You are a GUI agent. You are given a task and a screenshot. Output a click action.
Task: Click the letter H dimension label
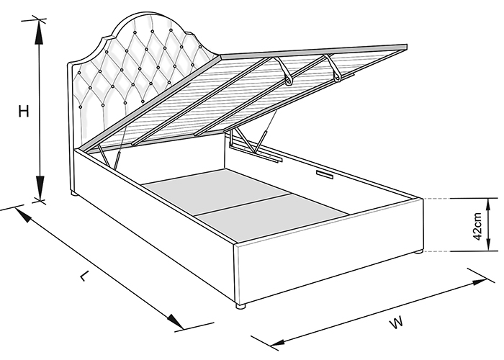coord(24,111)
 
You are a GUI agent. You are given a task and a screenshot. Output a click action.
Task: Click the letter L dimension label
coord(84,276)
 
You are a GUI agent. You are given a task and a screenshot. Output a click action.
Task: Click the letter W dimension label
coord(396,323)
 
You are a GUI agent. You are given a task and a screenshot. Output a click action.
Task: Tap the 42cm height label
coord(477,226)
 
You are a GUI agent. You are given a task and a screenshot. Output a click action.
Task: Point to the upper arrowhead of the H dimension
coord(39,32)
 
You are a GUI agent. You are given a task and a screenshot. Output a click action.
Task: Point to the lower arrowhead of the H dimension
coord(40,188)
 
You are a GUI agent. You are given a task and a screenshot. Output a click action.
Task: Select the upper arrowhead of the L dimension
coord(23,215)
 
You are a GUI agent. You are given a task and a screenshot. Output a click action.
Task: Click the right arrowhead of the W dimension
coord(478,282)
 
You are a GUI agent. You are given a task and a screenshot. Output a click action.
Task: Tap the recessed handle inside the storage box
coord(325,174)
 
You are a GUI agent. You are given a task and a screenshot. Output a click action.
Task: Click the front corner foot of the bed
coord(240,306)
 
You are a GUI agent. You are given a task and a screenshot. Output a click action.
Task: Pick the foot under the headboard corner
coord(74,194)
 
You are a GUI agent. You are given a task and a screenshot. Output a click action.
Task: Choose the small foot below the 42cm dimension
coord(418,252)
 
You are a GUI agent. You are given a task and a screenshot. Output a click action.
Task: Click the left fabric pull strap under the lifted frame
coord(284,71)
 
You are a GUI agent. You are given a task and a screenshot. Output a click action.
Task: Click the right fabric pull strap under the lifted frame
coord(333,67)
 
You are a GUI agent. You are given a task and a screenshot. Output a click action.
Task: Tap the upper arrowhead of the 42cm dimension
coord(488,207)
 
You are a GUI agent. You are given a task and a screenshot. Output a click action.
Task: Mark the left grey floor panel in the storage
coord(216,191)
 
